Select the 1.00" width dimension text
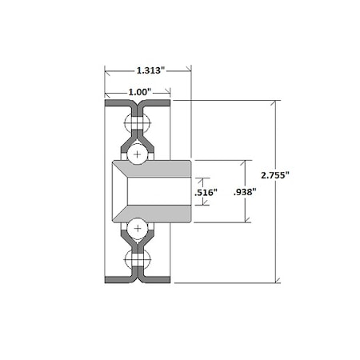point(140,92)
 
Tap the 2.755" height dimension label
point(275,175)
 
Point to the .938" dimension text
point(245,192)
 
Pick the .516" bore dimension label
point(206,192)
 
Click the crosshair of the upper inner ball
point(137,154)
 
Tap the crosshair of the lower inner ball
point(138,228)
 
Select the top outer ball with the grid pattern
point(138,123)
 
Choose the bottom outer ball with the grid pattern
point(138,259)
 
